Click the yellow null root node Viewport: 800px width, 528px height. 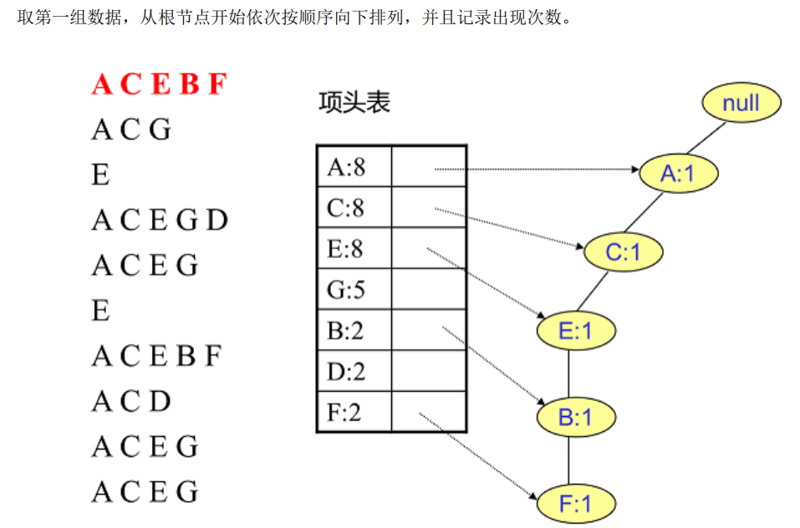point(741,103)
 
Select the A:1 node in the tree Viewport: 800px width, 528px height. point(678,173)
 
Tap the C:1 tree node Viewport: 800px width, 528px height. point(622,251)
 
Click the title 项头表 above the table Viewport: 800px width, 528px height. point(354,103)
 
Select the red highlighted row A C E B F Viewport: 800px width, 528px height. point(159,84)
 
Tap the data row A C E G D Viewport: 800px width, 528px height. point(159,221)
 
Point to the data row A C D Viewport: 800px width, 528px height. point(131,402)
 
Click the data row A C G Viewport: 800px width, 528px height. point(131,129)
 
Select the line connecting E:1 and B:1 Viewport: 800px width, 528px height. point(569,373)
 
